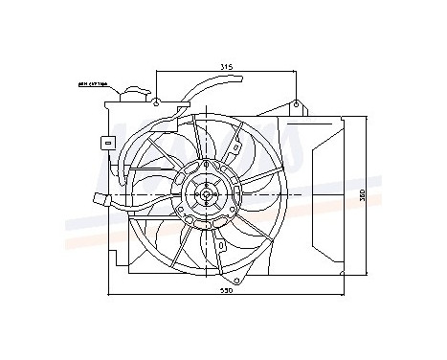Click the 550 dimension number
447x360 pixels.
[x=227, y=291]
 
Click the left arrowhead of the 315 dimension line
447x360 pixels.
[x=155, y=72]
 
